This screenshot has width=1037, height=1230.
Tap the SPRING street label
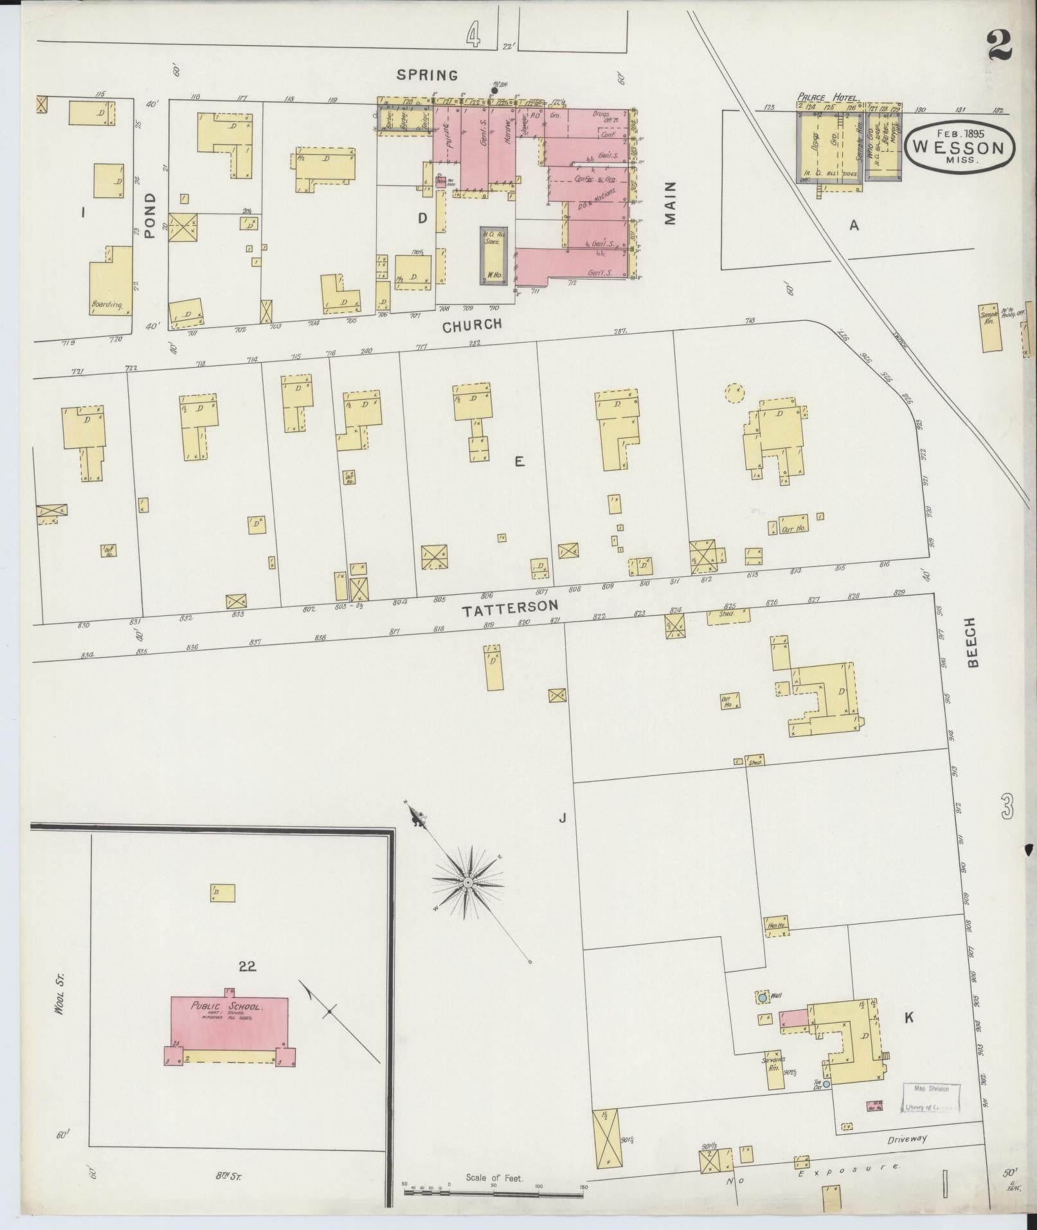coord(427,75)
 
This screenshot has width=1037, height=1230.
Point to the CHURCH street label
coord(473,325)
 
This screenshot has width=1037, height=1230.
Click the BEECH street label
coord(972,642)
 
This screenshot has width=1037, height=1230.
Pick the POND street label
coord(150,216)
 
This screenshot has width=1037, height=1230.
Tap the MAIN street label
coord(671,203)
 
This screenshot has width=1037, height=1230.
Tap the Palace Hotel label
coord(828,97)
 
